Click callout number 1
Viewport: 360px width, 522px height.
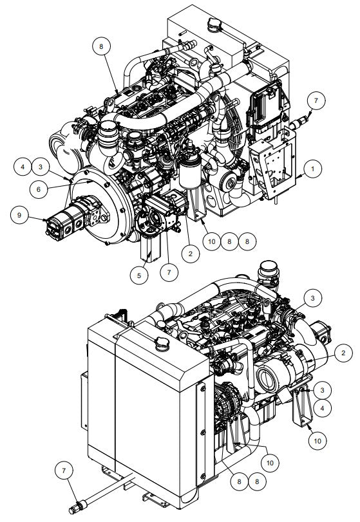312,169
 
